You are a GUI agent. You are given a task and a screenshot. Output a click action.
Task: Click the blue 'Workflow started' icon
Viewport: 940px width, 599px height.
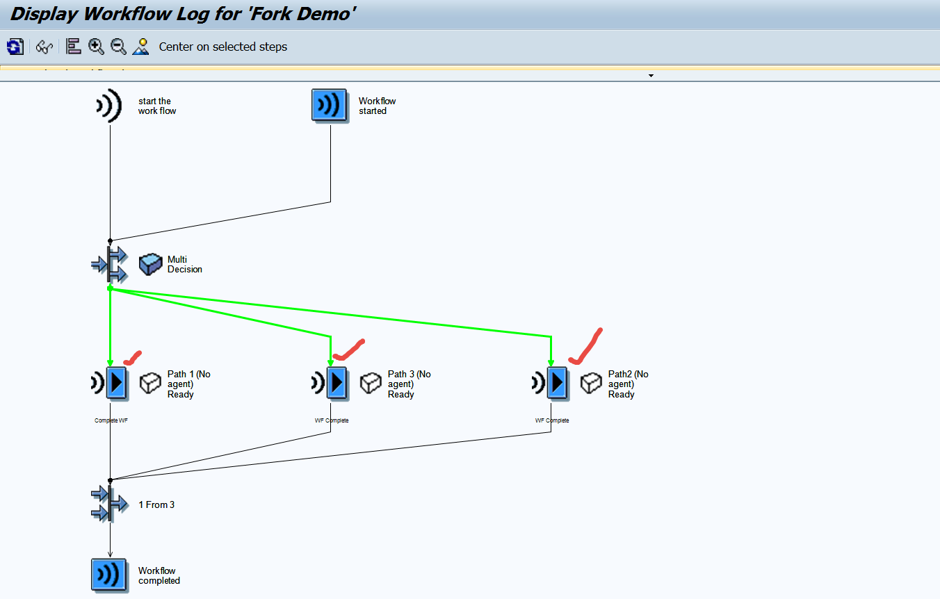tap(329, 106)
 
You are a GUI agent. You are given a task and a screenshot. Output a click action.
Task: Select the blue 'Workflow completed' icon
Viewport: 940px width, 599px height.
tap(108, 575)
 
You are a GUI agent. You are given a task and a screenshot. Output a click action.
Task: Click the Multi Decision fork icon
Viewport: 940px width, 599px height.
tap(109, 264)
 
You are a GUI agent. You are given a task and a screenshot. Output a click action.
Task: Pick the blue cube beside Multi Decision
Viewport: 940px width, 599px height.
tap(150, 264)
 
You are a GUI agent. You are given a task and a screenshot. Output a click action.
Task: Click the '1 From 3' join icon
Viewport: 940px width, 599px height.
tap(109, 504)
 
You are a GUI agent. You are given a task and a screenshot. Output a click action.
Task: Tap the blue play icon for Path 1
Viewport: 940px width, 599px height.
tap(117, 383)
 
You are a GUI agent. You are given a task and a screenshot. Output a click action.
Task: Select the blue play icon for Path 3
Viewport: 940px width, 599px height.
tap(337, 383)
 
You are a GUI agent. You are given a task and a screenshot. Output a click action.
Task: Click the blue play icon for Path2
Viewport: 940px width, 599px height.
tap(558, 383)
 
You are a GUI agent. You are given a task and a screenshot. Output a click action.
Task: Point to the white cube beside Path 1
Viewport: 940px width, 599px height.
tap(150, 383)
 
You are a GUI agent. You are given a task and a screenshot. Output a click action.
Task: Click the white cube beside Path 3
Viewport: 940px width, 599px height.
tap(371, 383)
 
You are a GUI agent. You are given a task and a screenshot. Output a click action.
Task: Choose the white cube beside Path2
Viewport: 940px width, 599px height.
tap(591, 383)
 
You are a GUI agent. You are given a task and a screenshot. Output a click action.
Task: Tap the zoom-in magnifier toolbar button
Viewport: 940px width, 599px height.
tap(96, 47)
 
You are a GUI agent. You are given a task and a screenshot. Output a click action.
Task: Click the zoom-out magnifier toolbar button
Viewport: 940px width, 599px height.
tap(119, 47)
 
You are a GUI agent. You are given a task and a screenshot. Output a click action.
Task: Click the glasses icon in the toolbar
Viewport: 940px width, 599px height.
tap(44, 47)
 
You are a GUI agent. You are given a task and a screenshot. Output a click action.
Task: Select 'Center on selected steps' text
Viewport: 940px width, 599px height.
tap(222, 47)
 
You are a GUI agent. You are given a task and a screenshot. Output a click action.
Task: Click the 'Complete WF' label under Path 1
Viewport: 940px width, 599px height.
tap(111, 420)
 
